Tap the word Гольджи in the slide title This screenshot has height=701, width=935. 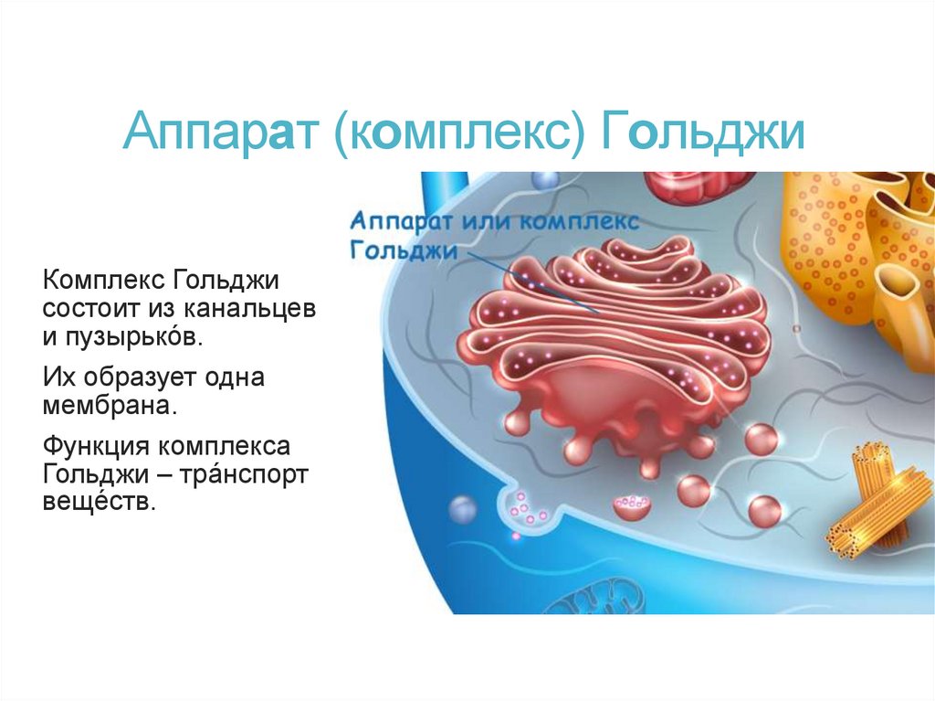point(702,133)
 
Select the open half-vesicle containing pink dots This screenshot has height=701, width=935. point(631,505)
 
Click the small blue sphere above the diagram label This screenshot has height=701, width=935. point(544,178)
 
